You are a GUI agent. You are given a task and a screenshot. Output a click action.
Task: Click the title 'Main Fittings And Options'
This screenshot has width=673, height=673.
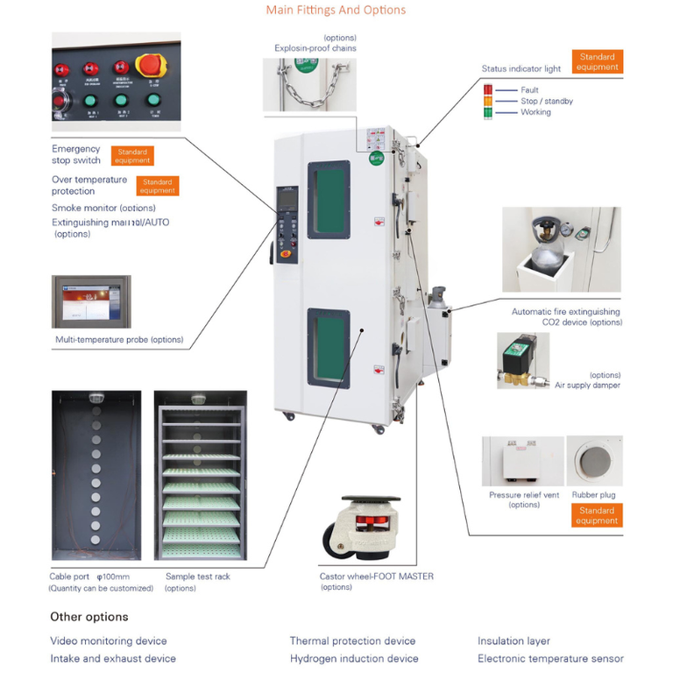(x=336, y=11)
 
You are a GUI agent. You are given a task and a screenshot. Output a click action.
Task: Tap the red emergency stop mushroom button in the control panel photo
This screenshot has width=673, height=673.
(x=151, y=67)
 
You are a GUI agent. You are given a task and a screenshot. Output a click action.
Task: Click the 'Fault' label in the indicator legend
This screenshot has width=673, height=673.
(x=529, y=90)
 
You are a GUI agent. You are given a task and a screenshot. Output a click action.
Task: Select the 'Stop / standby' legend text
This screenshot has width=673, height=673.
(x=546, y=102)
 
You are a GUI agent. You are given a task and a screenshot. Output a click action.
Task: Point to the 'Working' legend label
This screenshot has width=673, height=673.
(x=535, y=112)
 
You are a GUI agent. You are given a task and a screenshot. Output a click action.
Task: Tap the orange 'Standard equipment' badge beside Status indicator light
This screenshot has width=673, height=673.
(x=598, y=62)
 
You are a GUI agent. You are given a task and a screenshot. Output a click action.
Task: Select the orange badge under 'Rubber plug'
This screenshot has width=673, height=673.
(x=597, y=516)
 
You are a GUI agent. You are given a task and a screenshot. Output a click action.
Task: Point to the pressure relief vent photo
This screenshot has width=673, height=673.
(x=523, y=461)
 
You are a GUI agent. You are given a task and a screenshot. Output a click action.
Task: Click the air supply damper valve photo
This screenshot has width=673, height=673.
(x=522, y=360)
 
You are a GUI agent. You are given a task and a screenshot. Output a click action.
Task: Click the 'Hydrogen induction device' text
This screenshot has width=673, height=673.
(x=354, y=658)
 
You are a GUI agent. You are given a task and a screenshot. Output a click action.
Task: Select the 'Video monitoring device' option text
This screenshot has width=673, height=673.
(x=108, y=641)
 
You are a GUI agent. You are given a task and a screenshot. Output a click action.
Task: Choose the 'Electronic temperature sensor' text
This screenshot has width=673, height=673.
(x=550, y=658)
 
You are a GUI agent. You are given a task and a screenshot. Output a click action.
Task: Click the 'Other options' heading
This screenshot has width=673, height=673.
(x=89, y=617)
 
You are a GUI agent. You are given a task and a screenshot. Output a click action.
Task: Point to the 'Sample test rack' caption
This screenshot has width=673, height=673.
(x=198, y=577)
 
